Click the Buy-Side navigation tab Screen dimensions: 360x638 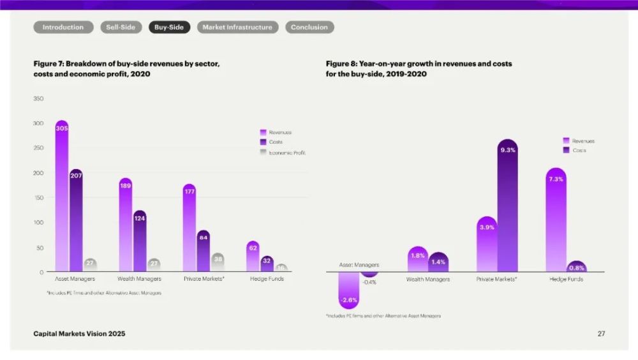pos(169,27)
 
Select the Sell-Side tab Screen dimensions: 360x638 pos(121,27)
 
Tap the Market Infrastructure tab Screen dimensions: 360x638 pos(237,27)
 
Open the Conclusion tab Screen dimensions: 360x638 pos(309,27)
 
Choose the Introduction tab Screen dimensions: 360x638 pos(63,27)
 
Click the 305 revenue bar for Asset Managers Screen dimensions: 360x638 pos(62,198)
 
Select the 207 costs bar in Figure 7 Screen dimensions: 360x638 pos(77,220)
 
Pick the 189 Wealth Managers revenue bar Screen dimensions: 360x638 pos(126,227)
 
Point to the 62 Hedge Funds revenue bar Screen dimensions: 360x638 pos(253,257)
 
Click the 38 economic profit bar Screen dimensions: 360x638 pos(218,262)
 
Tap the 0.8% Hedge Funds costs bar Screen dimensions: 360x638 pos(576,267)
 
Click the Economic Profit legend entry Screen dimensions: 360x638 pos(284,153)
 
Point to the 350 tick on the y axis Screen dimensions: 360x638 pos(38,98)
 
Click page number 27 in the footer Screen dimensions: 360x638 pos(601,333)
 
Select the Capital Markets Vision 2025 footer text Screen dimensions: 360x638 pos(79,333)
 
